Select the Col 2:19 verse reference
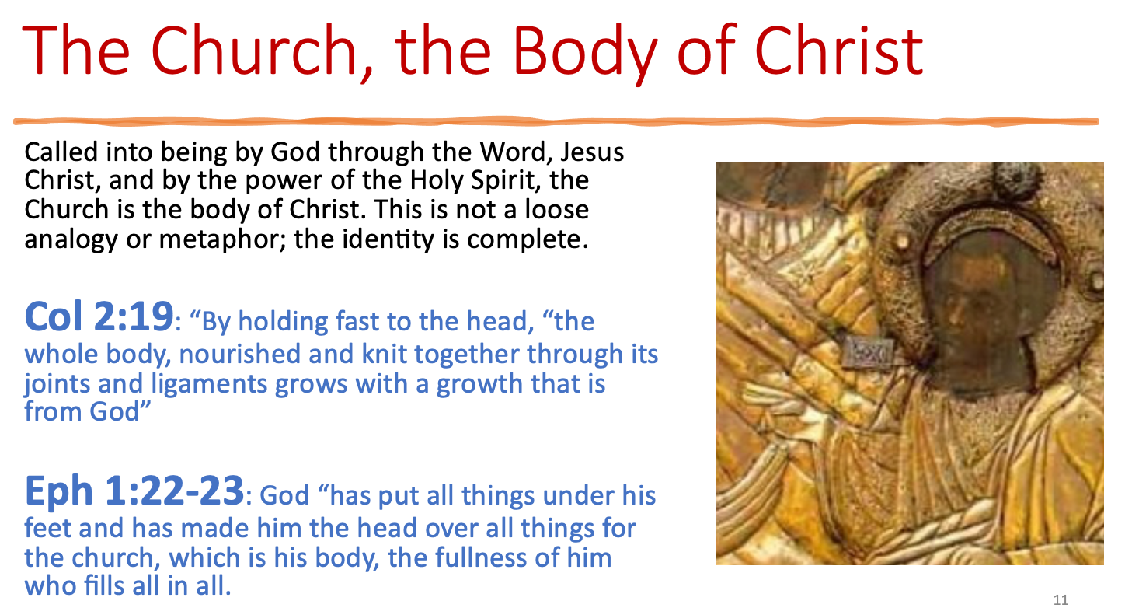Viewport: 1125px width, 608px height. coord(99,316)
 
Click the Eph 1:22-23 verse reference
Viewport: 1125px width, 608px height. coord(134,491)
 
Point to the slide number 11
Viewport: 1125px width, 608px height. coord(1061,600)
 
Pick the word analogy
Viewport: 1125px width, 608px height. coord(71,240)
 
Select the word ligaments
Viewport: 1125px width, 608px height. coord(209,384)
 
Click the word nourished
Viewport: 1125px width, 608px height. coord(239,354)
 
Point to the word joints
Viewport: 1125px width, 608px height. coord(57,384)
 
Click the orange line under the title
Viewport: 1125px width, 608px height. coord(556,121)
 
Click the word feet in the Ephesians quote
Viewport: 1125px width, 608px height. coord(47,528)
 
